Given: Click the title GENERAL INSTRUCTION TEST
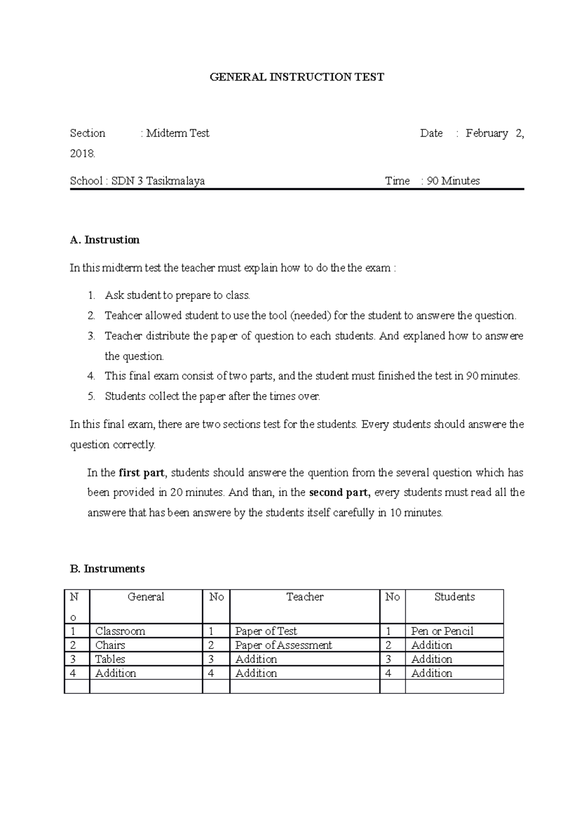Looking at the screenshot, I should click(x=297, y=77).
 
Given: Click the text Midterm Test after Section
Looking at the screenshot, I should click(x=178, y=133).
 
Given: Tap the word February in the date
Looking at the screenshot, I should click(x=486, y=133).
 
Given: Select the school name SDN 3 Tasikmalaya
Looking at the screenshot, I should click(x=158, y=181).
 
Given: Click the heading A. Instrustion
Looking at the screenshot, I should click(x=105, y=240).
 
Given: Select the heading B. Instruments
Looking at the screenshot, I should click(x=107, y=569).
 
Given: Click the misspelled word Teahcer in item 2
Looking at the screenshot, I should click(x=123, y=316).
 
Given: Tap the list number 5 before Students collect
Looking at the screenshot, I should click(x=91, y=396).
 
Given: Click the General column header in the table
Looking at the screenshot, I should click(x=146, y=597).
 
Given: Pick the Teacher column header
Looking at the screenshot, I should click(x=304, y=597).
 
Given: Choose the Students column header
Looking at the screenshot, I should click(x=454, y=597).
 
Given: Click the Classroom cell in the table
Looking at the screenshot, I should click(x=120, y=631).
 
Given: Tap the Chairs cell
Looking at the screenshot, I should click(x=110, y=645).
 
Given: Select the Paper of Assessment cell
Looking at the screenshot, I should click(x=283, y=645).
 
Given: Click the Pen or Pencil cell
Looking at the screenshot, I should click(x=442, y=631).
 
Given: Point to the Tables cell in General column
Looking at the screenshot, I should click(x=110, y=659).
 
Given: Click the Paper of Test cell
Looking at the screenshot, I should click(x=266, y=631).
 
